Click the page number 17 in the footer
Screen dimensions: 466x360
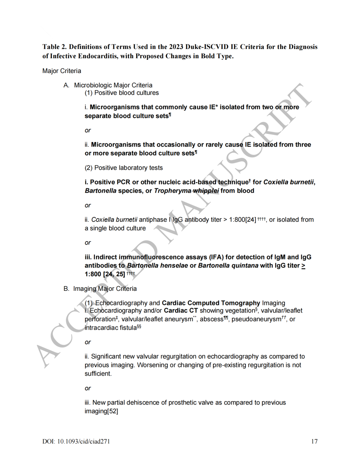click(x=314, y=442)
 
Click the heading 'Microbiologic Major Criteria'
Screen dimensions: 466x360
click(x=113, y=85)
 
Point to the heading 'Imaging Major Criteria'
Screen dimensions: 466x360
click(x=105, y=289)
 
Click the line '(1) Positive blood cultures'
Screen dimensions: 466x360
click(x=122, y=93)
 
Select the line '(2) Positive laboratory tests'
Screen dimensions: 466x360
click(x=123, y=168)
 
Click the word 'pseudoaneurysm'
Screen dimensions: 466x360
click(x=256, y=319)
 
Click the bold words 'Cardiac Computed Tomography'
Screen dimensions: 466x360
click(x=211, y=303)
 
